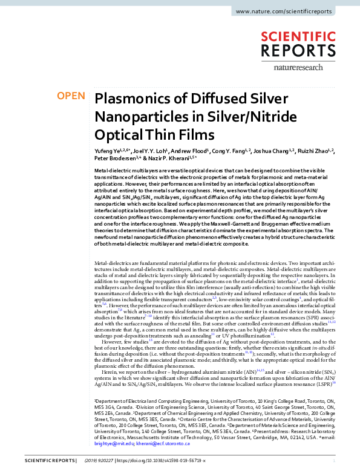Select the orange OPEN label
pos(70,96)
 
